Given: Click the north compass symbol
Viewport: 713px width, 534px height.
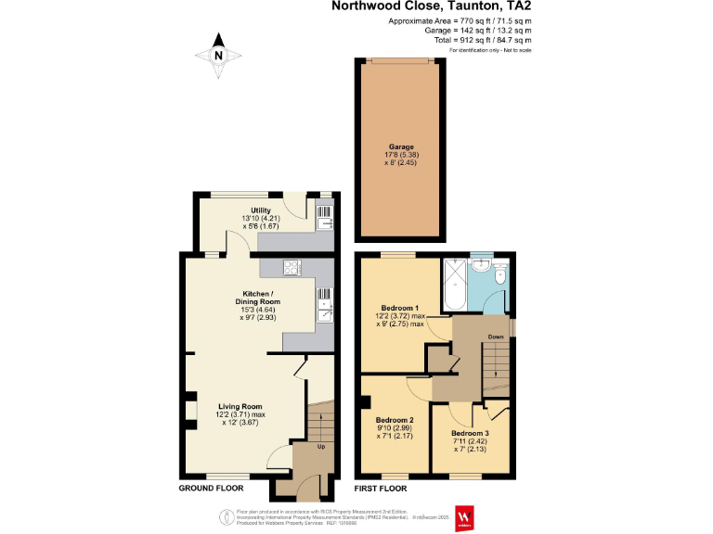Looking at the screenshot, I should click(218, 55).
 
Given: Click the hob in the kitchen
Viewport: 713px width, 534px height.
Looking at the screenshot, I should click(291, 268).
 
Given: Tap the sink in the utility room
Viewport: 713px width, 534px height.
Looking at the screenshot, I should click(325, 222).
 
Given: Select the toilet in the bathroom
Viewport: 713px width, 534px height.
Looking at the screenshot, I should click(499, 276).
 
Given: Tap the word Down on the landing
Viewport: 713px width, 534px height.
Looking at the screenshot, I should click(496, 337).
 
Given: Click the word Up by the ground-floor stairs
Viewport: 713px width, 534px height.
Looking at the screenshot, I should click(321, 447).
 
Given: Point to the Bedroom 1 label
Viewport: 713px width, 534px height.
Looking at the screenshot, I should click(399, 308).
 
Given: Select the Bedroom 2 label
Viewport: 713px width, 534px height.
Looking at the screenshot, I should click(395, 420).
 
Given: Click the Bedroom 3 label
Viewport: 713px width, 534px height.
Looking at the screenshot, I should click(470, 433).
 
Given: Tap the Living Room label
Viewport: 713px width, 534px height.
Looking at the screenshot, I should click(240, 406).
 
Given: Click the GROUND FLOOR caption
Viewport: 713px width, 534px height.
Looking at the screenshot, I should click(212, 488).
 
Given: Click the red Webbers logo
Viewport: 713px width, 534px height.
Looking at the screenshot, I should click(464, 518).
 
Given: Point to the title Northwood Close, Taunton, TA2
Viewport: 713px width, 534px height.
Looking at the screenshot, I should click(433, 6).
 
